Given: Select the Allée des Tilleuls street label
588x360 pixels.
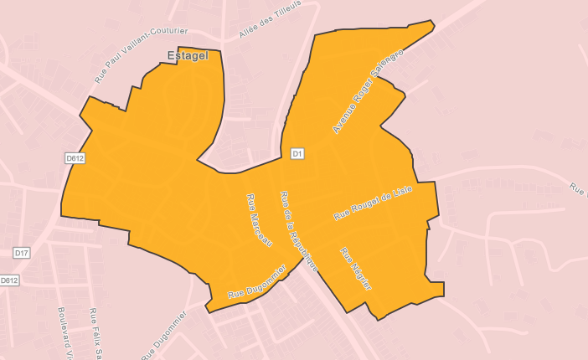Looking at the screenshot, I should pyautogui.click(x=270, y=18).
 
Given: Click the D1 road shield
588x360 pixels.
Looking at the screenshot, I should pyautogui.click(x=297, y=153).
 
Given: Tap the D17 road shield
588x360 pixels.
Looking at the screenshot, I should pyautogui.click(x=22, y=252).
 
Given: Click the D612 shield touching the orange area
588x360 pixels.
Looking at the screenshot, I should pyautogui.click(x=75, y=157).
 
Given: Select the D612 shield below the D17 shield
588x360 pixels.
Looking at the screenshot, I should pyautogui.click(x=9, y=280).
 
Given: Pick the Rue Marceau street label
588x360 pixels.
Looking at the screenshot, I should pyautogui.click(x=259, y=219).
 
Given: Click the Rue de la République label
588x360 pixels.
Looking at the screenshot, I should pyautogui.click(x=299, y=230).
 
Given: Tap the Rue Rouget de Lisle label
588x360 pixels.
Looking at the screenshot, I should pyautogui.click(x=373, y=203).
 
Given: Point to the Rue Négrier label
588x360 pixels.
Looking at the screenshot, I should pyautogui.click(x=355, y=269).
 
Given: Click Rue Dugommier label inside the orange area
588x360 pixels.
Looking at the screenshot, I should pyautogui.click(x=257, y=283).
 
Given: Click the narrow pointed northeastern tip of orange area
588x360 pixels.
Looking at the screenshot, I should pyautogui.click(x=432, y=24).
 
